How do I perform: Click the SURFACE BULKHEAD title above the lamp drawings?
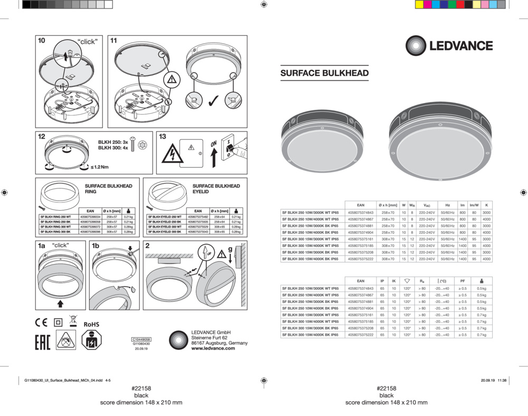[324, 73]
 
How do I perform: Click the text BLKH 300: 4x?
[113, 149]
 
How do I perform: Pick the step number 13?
[163, 137]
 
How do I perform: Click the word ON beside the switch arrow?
[214, 144]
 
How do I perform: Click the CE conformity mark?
[41, 323]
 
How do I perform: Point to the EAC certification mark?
[42, 341]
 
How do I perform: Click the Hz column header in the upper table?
[447, 205]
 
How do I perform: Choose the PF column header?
[463, 281]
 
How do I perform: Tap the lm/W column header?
[474, 205]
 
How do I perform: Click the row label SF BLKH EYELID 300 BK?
[165, 232]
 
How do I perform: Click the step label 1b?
[96, 245]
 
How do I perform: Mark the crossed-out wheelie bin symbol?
[73, 320]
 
